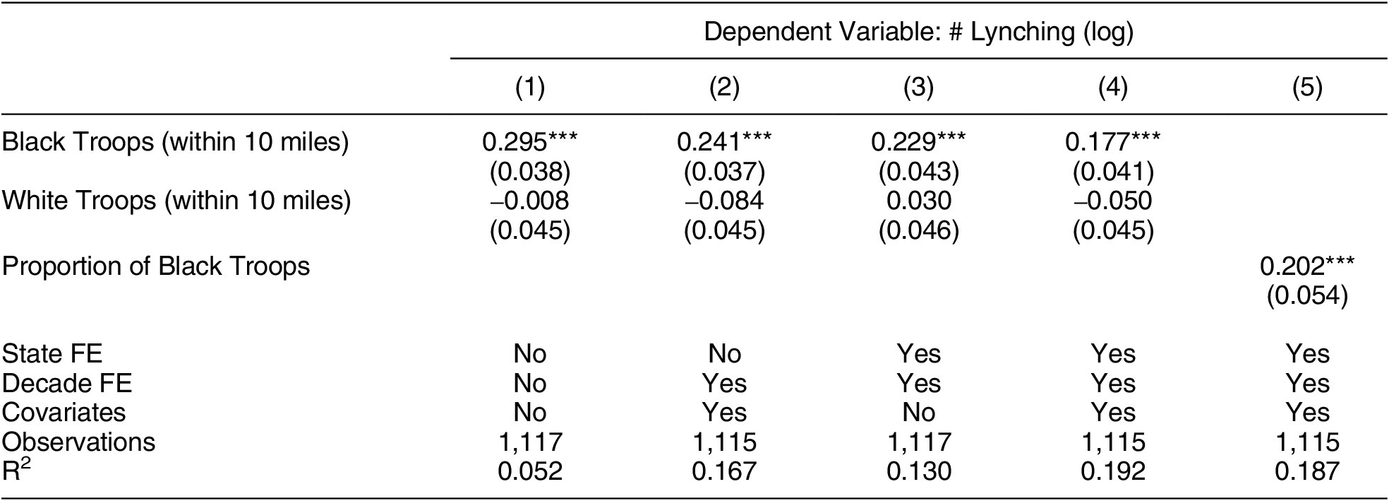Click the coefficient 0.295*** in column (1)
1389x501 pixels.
click(529, 143)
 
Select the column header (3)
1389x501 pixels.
click(918, 87)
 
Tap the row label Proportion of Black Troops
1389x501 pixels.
click(156, 266)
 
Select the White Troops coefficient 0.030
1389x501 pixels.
click(918, 201)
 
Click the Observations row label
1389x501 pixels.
click(78, 442)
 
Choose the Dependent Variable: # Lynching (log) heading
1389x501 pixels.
click(918, 32)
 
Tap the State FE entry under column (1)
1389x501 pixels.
click(529, 353)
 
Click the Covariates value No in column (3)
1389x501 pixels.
click(918, 412)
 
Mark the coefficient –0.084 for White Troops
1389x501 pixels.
click(724, 201)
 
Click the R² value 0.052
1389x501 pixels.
click(529, 471)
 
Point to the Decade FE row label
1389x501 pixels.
click(66, 383)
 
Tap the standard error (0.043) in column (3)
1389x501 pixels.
click(918, 172)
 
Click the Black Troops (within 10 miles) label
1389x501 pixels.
click(175, 143)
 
